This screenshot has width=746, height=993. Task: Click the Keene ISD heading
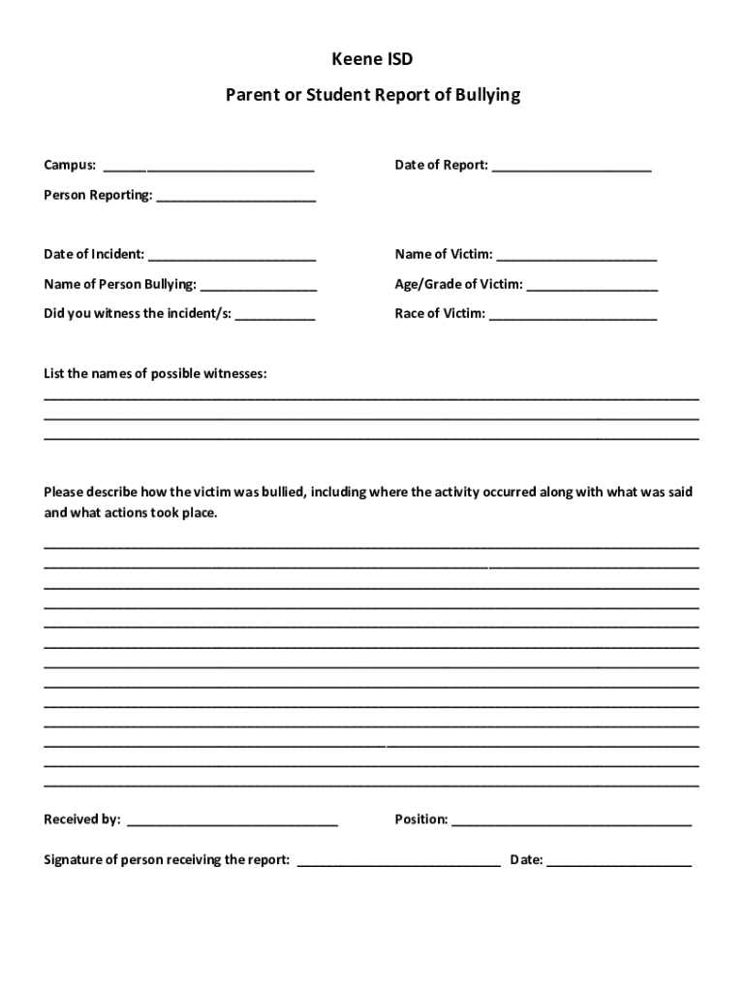(373, 60)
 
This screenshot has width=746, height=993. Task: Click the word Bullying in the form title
(486, 95)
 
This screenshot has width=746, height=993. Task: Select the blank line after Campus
(208, 167)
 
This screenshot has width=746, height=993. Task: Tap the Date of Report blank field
(572, 167)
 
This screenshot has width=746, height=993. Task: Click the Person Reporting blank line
(236, 197)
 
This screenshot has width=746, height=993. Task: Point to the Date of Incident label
(94, 254)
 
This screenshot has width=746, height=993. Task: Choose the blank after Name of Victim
(576, 256)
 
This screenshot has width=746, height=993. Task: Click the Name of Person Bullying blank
(259, 286)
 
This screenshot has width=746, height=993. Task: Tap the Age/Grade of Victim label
(458, 284)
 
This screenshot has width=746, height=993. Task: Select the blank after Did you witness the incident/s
(275, 315)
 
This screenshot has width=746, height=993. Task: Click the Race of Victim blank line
(573, 315)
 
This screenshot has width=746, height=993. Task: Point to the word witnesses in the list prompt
(232, 373)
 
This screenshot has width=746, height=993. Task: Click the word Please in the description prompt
(64, 492)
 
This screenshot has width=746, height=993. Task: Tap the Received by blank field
(233, 821)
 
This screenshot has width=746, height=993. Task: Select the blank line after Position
(572, 821)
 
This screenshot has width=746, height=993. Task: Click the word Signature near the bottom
(74, 859)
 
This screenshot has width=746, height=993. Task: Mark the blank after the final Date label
(619, 861)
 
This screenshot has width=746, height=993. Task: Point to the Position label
(420, 819)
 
